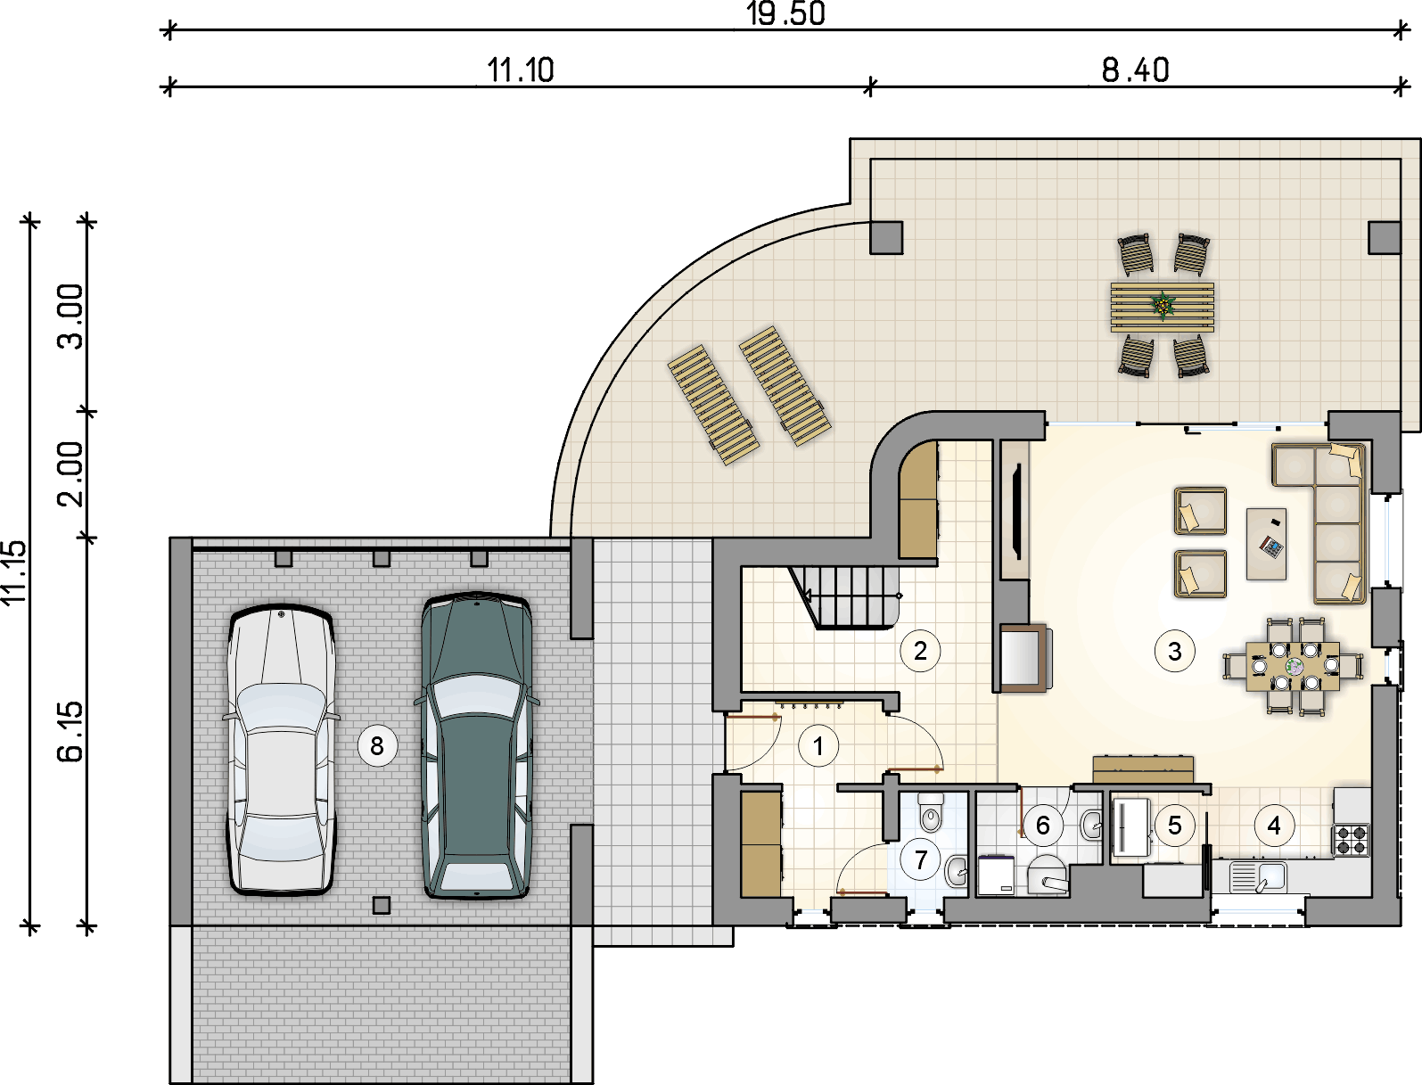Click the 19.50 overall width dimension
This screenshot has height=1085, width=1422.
point(785,13)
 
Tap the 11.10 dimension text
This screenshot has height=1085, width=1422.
point(521,70)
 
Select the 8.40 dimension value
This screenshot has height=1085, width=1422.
point(1135,70)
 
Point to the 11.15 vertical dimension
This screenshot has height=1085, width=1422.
point(14,572)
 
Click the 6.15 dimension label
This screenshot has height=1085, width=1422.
point(70,730)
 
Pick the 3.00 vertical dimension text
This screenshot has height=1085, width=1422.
point(70,316)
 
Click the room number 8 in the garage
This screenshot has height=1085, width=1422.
point(377,746)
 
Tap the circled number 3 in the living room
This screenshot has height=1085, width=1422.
point(1174,651)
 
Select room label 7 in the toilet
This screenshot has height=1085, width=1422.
point(921,859)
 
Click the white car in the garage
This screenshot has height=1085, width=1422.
point(281,750)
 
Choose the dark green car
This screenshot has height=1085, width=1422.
point(477,745)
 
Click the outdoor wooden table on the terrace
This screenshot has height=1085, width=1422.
point(1163,307)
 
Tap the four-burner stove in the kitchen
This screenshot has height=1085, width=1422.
point(1351,840)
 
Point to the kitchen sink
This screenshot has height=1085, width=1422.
point(1257,877)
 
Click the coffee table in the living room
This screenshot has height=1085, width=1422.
point(1267,544)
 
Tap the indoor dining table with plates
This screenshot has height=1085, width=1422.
point(1293,666)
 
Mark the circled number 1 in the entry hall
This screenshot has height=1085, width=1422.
point(818,746)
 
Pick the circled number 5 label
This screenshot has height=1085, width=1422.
point(1174,826)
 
